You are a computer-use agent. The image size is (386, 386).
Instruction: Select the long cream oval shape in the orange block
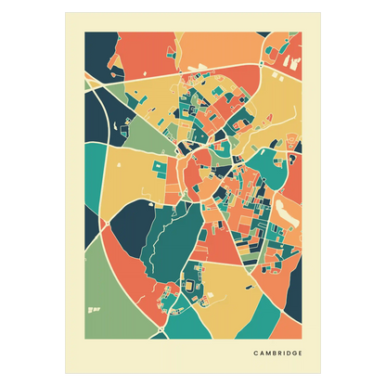289,214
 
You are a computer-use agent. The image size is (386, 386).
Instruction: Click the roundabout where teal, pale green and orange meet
161,328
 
